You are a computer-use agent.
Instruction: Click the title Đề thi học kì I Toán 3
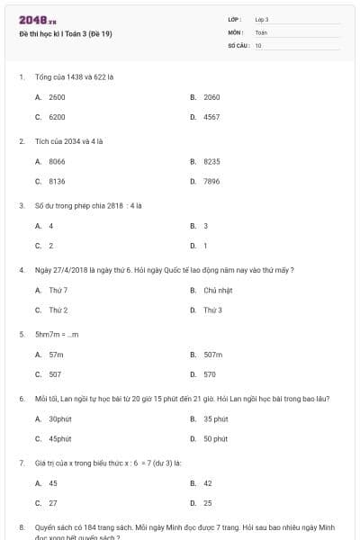[65, 33]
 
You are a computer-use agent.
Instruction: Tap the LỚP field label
[235, 19]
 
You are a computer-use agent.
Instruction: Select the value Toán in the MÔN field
[261, 31]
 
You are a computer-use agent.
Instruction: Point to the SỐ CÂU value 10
[258, 44]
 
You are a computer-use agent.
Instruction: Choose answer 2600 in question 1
[57, 96]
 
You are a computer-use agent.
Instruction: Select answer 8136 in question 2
[57, 180]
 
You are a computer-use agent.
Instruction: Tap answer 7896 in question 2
[211, 180]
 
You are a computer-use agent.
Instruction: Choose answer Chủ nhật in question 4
[218, 290]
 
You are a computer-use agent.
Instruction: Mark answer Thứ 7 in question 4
[58, 290]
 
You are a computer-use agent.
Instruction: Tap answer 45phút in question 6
[59, 438]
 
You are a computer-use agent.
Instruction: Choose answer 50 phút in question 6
[215, 438]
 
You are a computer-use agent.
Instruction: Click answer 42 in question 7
[208, 482]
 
